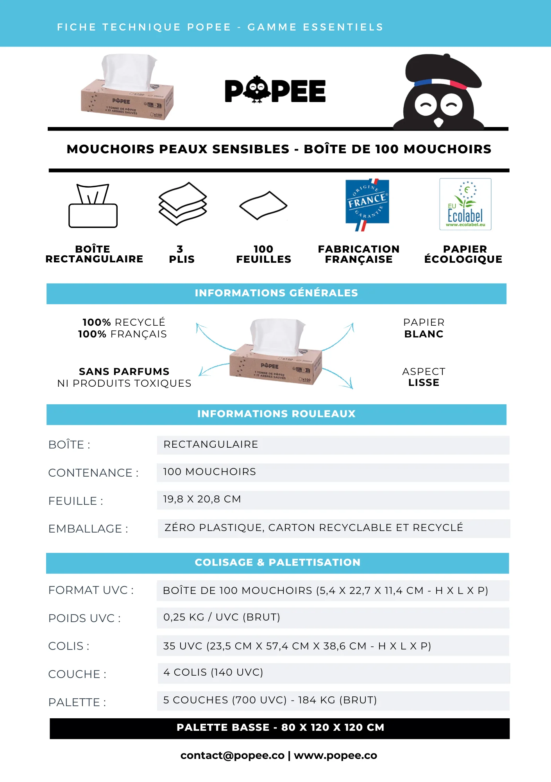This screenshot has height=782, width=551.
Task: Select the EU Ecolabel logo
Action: coord(465,204)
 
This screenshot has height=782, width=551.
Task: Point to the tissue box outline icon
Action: coord(93,206)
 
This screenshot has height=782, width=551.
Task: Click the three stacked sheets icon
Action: coord(182,203)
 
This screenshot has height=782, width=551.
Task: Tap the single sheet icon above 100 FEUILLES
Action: coord(263,205)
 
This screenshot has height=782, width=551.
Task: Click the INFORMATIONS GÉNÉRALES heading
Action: coord(276,293)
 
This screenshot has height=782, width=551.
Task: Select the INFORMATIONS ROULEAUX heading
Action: coord(276,414)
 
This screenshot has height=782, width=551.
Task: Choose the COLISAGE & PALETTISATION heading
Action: coord(277,563)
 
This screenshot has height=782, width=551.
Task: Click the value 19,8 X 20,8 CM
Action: coord(202,499)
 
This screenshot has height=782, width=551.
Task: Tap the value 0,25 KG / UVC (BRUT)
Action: coord(222,617)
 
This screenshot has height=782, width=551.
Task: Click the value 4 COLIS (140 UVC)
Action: coord(213,673)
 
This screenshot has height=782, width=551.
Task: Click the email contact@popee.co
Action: coord(232,755)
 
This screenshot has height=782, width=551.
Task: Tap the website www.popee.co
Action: coord(335,755)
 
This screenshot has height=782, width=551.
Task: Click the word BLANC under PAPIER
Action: coord(424,334)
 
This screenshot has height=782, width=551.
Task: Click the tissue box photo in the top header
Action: coord(127,88)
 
